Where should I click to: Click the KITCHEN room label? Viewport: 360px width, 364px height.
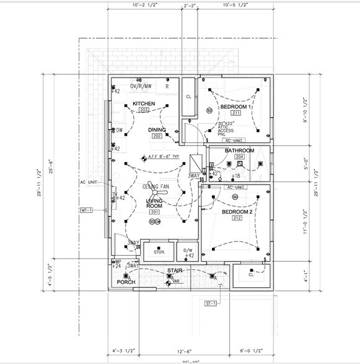[144, 103]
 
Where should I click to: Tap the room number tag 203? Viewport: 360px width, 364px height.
[144, 110]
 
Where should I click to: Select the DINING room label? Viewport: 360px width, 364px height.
[157, 129]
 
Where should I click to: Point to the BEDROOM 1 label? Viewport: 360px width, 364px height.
[235, 106]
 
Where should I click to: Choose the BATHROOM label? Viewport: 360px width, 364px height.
[239, 150]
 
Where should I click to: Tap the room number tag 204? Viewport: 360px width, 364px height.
[240, 157]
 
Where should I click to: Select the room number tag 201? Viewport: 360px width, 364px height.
[154, 212]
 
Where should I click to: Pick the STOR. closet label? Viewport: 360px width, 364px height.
[159, 252]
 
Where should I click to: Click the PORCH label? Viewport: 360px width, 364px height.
[126, 282]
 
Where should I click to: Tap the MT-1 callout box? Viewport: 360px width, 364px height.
[86, 210]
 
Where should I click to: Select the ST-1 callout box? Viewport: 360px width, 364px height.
[211, 303]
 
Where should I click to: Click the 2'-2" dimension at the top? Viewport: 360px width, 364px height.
[190, 6]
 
